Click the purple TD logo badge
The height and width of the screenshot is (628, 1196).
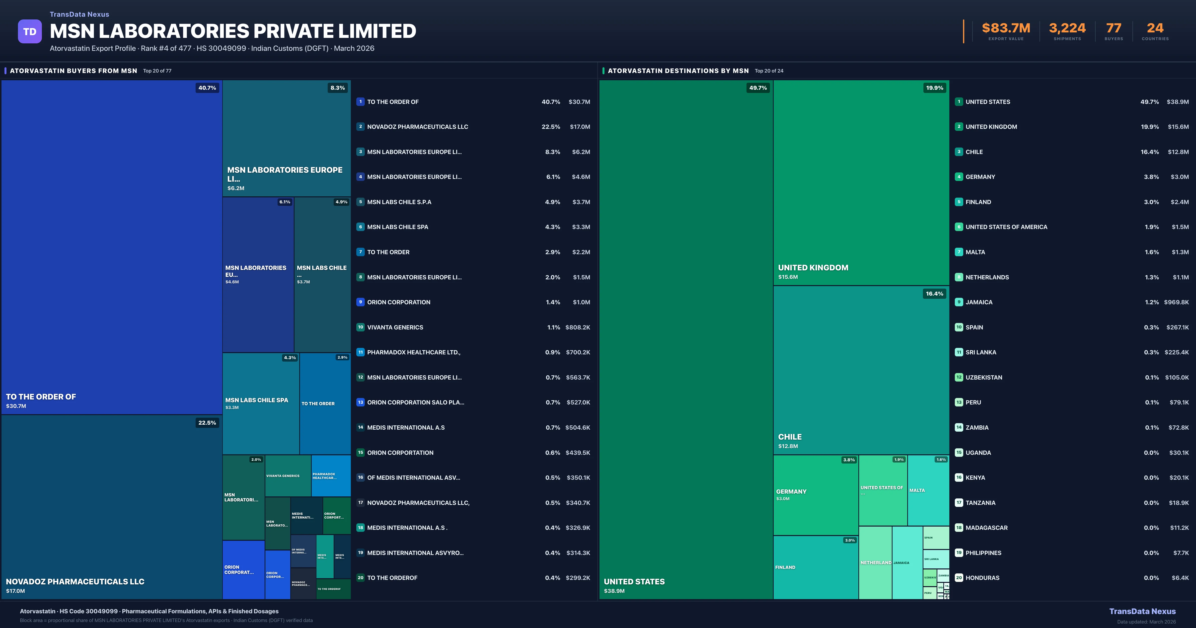tap(30, 32)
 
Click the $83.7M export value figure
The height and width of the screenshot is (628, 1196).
tap(1006, 28)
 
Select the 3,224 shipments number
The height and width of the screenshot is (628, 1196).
tap(1067, 28)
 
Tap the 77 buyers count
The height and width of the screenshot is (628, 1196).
tap(1113, 28)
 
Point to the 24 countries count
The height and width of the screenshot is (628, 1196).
tap(1155, 28)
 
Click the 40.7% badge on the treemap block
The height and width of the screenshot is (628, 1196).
tap(207, 88)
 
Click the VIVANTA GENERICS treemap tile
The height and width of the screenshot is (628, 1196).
tap(287, 476)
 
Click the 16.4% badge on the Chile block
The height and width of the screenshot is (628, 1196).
tap(934, 294)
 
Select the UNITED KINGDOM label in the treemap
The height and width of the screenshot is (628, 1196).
tap(813, 268)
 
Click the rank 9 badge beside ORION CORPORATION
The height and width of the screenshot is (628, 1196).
tap(360, 302)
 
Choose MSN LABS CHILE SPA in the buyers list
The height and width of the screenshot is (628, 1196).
tap(397, 227)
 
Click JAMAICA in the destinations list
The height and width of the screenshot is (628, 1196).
tap(979, 302)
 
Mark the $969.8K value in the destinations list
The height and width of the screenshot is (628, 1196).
tap(1176, 302)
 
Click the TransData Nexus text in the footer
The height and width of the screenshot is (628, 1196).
tap(1142, 611)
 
